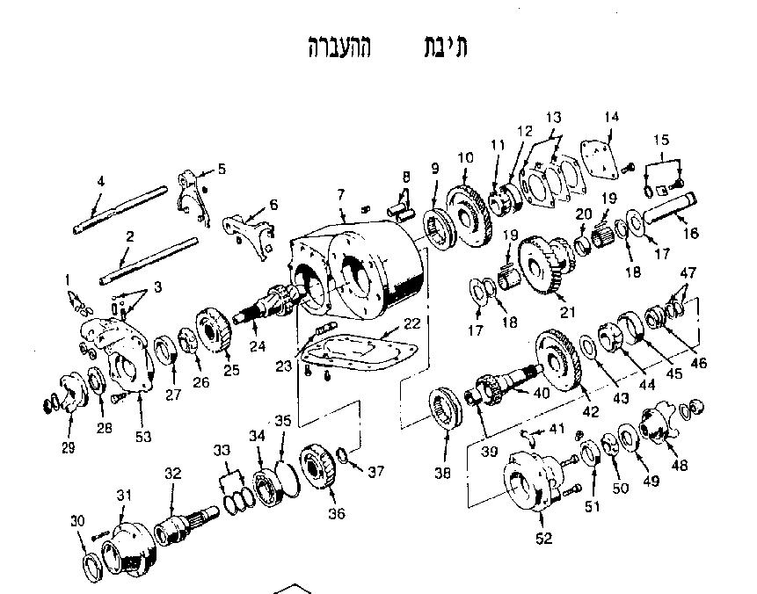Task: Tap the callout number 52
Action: (x=544, y=538)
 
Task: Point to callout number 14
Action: (x=612, y=117)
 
